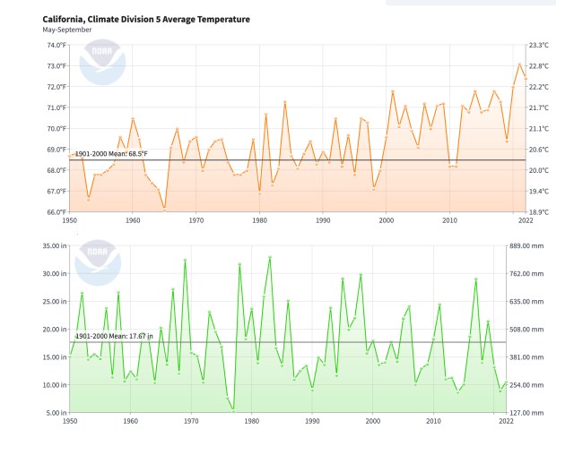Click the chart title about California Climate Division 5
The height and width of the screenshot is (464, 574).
pos(146,19)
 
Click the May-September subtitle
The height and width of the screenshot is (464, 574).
pos(66,30)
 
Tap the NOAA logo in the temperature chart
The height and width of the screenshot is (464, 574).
pos(101,64)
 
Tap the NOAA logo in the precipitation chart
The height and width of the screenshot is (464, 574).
pos(101,261)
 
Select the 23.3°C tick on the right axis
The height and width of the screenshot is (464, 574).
pos(539,45)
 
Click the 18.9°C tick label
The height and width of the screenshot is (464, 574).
pos(539,212)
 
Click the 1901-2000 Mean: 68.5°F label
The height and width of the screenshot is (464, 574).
pos(110,154)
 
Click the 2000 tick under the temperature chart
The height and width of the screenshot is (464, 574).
pos(386,219)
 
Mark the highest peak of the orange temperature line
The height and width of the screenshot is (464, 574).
pos(519,64)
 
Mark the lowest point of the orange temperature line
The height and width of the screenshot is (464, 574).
pos(164,208)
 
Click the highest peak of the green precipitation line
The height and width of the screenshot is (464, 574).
pos(270,257)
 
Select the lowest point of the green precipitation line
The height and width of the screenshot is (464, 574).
pos(233,409)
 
